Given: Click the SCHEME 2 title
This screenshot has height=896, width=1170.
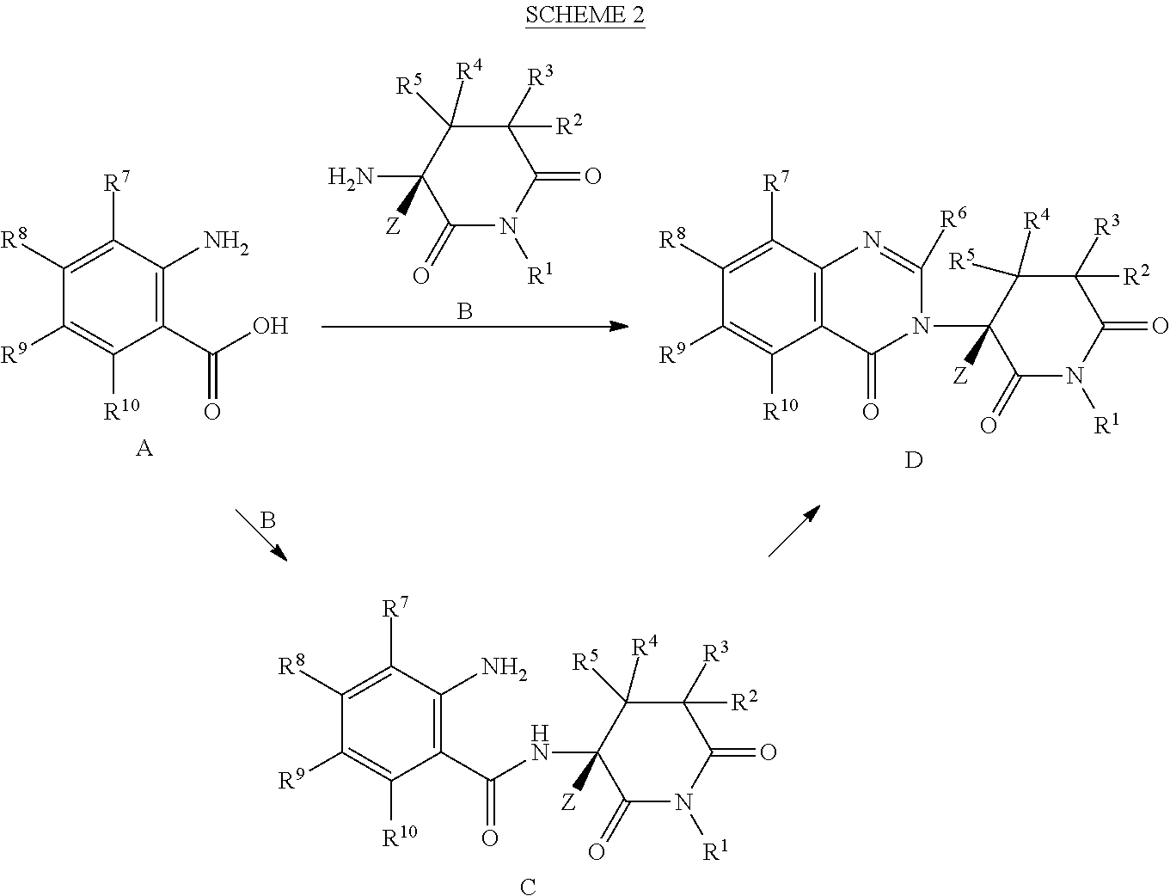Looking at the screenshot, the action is click(x=585, y=15).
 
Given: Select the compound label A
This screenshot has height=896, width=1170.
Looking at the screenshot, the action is click(x=144, y=448).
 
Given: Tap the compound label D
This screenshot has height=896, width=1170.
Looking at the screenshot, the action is click(x=914, y=460).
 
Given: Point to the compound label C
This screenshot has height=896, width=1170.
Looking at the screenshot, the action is click(x=528, y=887).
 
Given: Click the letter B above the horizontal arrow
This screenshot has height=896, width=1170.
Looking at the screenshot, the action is click(x=464, y=311).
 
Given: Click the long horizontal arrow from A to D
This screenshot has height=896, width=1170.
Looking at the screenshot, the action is click(x=475, y=326).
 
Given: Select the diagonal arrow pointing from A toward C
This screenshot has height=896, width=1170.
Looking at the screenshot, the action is click(x=261, y=535).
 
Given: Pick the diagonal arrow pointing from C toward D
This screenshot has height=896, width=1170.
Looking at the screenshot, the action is click(x=794, y=531).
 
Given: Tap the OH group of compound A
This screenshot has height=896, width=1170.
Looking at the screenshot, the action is click(x=270, y=326).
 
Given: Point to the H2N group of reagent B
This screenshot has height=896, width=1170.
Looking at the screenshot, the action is click(x=351, y=176).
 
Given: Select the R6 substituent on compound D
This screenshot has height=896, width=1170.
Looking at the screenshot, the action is click(x=953, y=218).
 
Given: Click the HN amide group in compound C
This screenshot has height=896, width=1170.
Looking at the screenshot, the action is click(x=540, y=743).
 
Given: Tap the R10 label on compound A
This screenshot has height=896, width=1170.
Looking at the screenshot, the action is click(x=122, y=410).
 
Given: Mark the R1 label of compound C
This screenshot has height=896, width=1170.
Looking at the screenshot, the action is click(x=715, y=851).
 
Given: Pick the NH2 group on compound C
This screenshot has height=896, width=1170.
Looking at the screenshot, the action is click(x=505, y=668).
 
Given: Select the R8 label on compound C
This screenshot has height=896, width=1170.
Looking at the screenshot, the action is click(x=291, y=666).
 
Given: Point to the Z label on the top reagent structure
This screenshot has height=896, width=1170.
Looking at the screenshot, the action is click(x=393, y=227).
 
